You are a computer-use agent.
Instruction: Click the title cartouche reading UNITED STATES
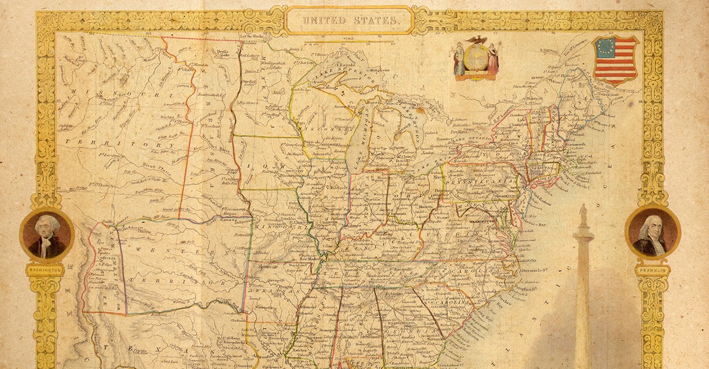click(349, 20)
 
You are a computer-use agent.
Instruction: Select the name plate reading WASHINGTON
click(45, 270)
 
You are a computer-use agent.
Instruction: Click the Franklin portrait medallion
click(652, 232)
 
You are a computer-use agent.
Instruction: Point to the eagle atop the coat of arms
click(476, 41)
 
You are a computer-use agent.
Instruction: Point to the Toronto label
click(445, 139)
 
